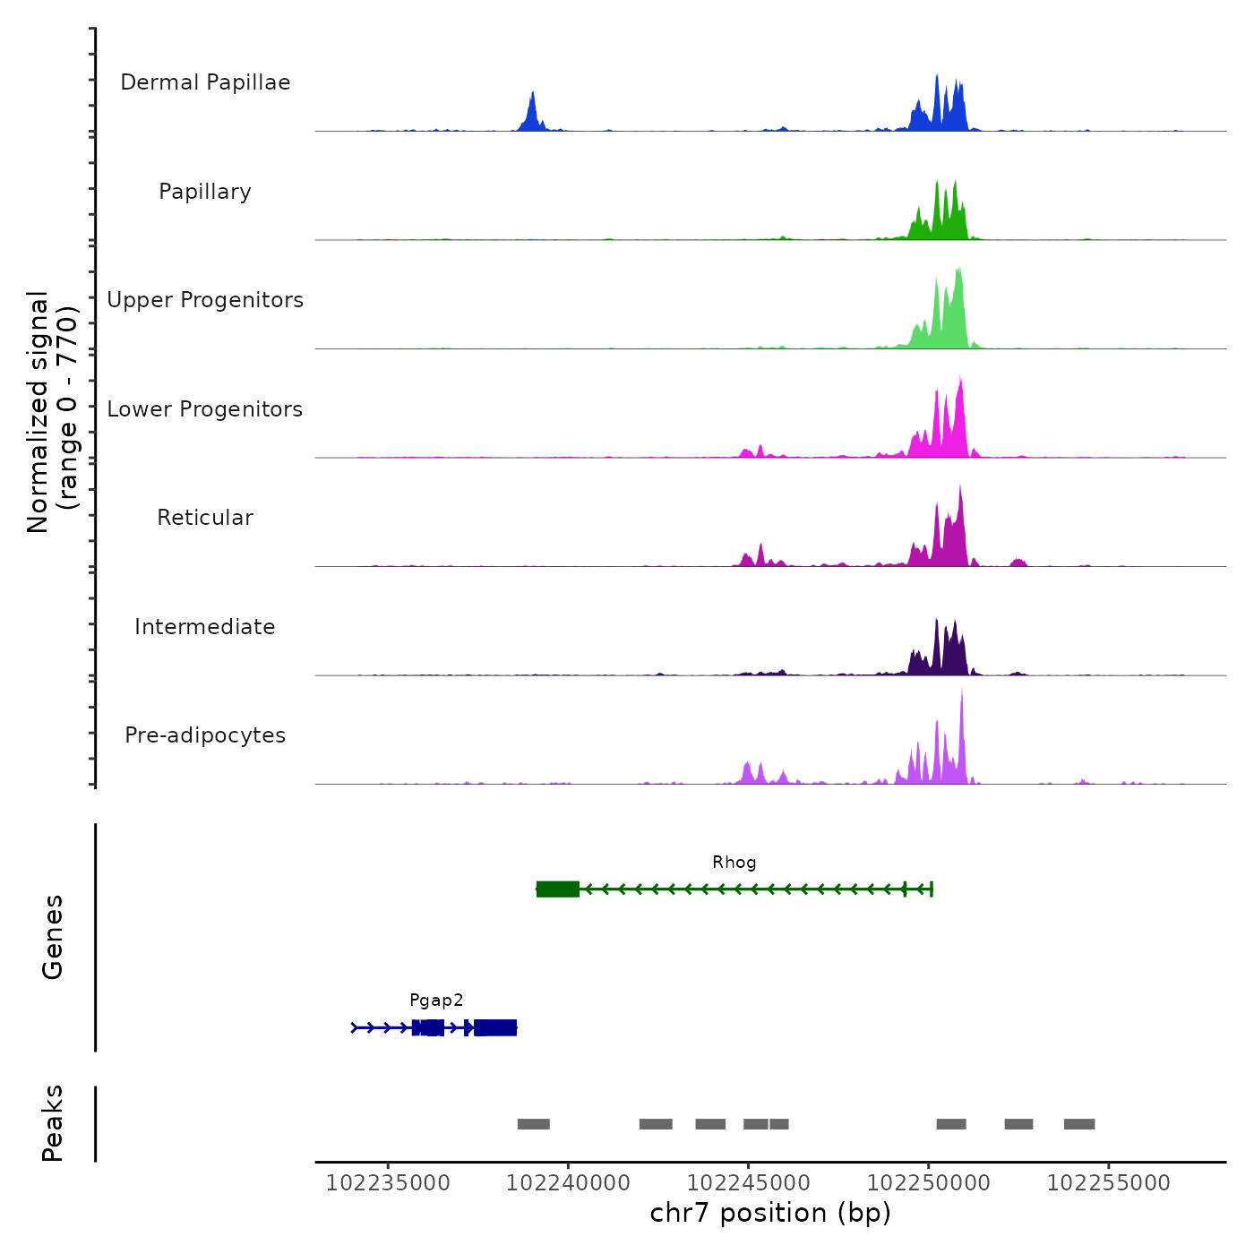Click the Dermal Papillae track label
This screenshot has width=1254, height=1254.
(205, 82)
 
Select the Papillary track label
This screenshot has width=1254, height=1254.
(205, 192)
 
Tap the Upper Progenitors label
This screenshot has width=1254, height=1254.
(205, 300)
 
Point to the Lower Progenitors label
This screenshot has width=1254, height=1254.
(205, 409)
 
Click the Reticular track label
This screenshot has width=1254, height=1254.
(205, 518)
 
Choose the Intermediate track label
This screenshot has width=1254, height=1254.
(205, 627)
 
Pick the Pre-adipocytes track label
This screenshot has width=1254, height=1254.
(205, 735)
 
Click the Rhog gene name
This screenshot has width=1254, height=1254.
(734, 863)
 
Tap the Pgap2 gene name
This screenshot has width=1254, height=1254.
(436, 1001)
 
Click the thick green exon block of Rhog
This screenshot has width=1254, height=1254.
(558, 889)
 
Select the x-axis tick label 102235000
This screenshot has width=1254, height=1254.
(388, 1183)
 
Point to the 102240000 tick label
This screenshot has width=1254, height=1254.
(568, 1183)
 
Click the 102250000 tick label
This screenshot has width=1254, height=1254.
(929, 1183)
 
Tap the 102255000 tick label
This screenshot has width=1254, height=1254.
(1109, 1183)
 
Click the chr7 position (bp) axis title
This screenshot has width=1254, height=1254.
(770, 1214)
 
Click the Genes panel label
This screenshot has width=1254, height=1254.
(53, 937)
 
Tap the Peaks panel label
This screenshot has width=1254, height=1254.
(53, 1123)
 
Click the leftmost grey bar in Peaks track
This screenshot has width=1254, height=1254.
(533, 1124)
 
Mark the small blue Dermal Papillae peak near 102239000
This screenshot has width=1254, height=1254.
(532, 112)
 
